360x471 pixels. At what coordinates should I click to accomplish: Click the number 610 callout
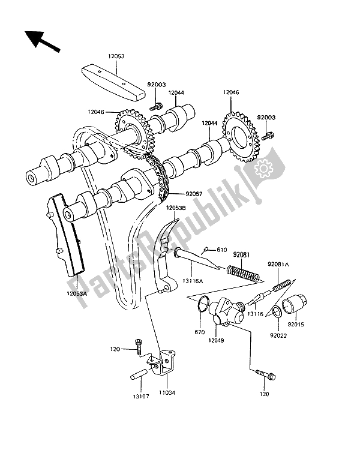click(205, 250)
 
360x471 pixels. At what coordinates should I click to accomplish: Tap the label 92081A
click(278, 263)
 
